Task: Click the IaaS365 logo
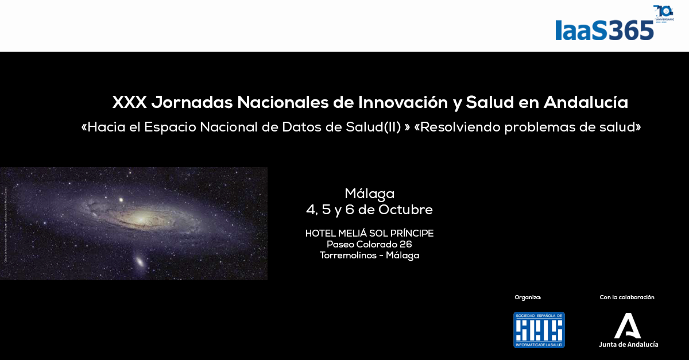coord(604,30)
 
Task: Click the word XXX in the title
coord(130,103)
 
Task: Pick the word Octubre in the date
coord(405,210)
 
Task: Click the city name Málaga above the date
coord(369,193)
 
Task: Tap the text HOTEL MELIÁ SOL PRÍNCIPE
coord(369,233)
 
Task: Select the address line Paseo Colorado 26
coord(369,245)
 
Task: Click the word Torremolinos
coord(347,256)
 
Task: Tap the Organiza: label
coord(528,297)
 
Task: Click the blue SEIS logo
coord(539,330)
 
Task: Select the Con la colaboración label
coord(627,297)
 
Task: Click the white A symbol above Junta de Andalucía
coord(628,326)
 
